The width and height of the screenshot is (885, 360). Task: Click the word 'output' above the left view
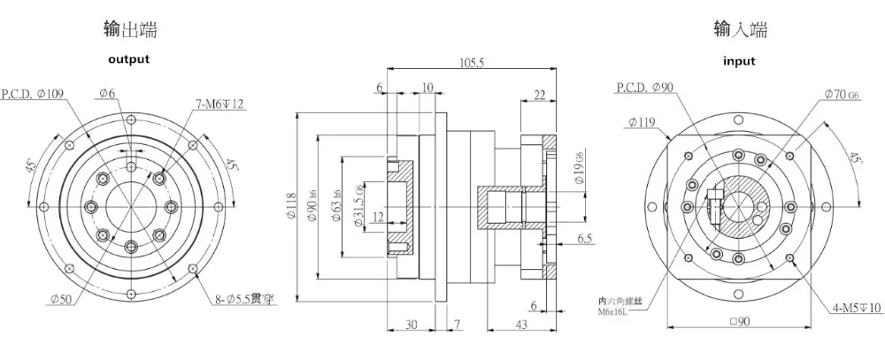pos(128,59)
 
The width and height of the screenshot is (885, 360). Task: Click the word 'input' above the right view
pos(739,61)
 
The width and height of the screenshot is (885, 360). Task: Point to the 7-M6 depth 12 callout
pos(220,104)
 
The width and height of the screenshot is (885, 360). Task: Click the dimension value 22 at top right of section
pos(539,96)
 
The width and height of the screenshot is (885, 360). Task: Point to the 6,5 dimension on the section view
pos(584,240)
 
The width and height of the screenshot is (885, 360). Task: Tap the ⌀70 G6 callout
pos(841,93)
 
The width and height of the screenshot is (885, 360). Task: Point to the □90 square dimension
pos(736,323)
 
